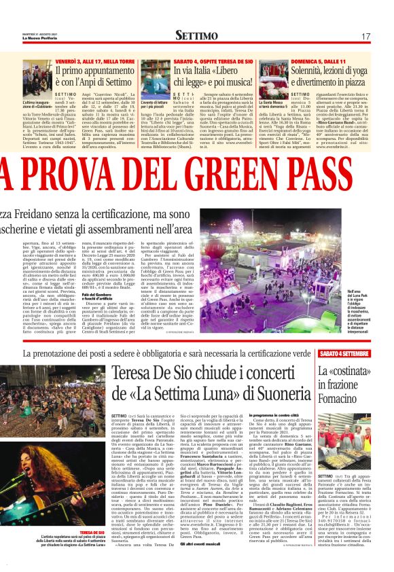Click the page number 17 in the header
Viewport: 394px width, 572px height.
(365, 36)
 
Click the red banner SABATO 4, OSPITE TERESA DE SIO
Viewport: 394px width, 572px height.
(213, 60)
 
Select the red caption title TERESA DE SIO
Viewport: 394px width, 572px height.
(92, 532)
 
